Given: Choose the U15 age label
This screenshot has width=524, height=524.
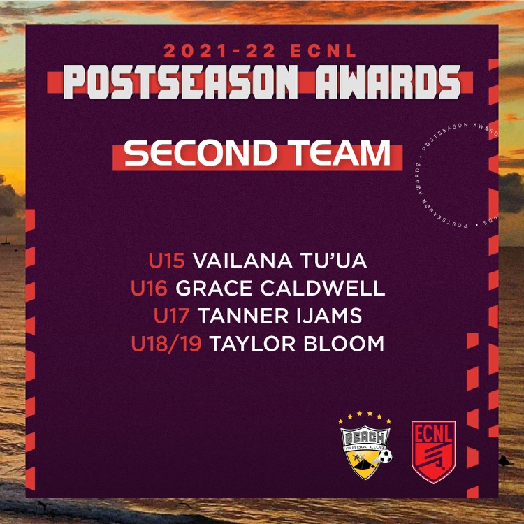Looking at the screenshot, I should (x=166, y=261).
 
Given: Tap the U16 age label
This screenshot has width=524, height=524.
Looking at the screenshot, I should (x=149, y=289).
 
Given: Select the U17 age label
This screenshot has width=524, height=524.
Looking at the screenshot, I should (x=172, y=316).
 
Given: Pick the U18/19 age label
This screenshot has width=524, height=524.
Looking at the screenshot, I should (x=167, y=344).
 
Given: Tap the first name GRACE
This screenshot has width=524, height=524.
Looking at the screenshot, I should (x=209, y=289).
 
